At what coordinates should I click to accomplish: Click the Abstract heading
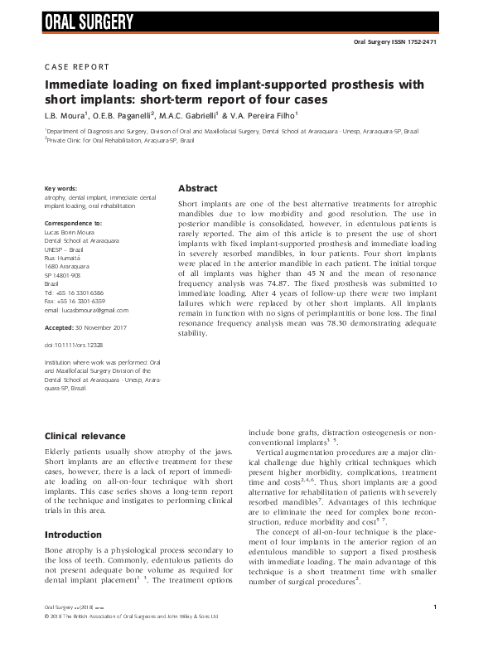[199, 188]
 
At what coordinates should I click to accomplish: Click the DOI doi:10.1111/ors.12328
[76, 344]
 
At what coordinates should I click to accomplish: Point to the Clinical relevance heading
[85, 436]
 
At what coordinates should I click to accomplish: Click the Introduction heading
[73, 534]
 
